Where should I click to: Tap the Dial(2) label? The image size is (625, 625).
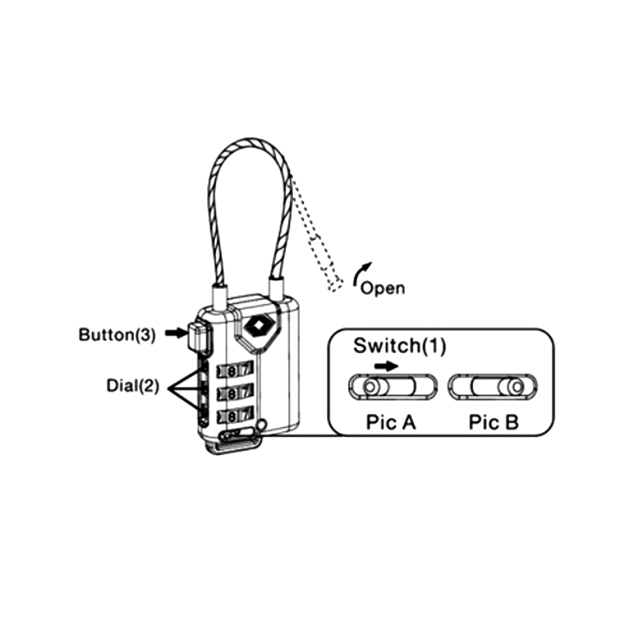coord(132,386)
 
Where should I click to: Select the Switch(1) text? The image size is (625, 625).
coord(399,346)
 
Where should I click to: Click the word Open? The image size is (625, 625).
coord(382,288)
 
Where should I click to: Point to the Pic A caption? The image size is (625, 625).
coord(391,423)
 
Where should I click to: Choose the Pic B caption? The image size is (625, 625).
coord(493,423)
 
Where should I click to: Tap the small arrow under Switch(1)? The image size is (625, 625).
coord(387,366)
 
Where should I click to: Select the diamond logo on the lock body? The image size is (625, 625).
coord(256,326)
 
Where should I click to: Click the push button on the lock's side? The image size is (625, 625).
coord(198,336)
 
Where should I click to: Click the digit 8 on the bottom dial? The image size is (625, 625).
coord(233,414)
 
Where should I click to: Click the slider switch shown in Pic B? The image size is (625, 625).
coord(494,387)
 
